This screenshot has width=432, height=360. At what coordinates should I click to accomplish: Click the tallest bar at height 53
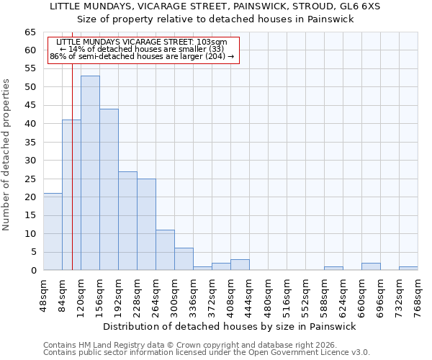[x=90, y=173]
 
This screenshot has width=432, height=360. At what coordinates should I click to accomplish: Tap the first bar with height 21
[x=53, y=232]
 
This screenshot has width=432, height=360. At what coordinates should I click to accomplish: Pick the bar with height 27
[x=127, y=220]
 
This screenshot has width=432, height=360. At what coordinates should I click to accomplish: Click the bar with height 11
[x=165, y=250]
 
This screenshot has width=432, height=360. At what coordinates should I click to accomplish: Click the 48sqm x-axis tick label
[x=43, y=294]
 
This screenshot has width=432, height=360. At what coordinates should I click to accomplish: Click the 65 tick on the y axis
[x=30, y=32]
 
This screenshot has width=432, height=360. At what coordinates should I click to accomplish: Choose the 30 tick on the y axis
[x=30, y=161]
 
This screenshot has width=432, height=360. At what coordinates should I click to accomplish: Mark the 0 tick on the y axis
[x=33, y=271]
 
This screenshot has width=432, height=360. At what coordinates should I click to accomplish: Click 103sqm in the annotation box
[x=213, y=42]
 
